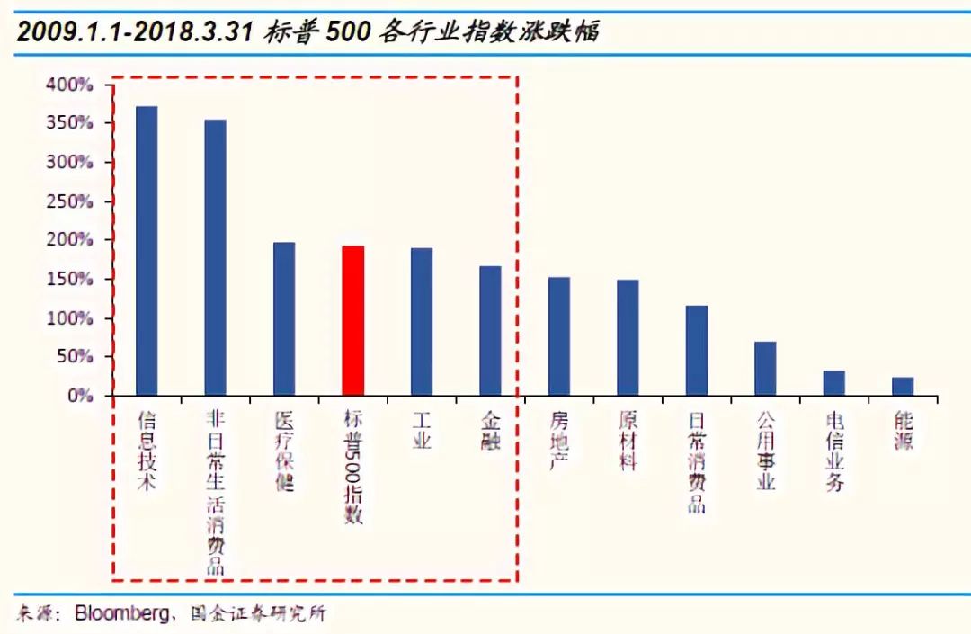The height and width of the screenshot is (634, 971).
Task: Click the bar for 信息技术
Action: [147, 251]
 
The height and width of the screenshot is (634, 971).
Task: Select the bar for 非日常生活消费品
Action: [215, 258]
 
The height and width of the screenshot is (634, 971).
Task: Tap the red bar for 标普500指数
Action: [352, 320]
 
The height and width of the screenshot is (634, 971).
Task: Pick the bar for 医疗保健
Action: [284, 319]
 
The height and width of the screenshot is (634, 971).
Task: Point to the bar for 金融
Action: [490, 331]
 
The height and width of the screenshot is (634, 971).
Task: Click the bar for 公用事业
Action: [765, 369]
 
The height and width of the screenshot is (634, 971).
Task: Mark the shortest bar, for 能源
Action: [903, 387]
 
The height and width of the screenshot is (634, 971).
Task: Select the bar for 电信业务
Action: [833, 383]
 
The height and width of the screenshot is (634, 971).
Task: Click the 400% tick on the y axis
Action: [70, 85]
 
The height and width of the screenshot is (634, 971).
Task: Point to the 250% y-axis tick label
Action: [70, 201]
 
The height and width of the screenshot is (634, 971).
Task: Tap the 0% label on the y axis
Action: [81, 396]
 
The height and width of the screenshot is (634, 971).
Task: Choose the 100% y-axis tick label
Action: [70, 318]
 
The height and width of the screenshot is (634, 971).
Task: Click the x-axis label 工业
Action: [422, 431]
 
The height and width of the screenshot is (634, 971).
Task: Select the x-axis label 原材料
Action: [628, 441]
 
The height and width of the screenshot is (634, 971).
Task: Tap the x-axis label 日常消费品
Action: [697, 461]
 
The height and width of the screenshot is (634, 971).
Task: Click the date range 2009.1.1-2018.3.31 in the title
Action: [134, 34]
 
